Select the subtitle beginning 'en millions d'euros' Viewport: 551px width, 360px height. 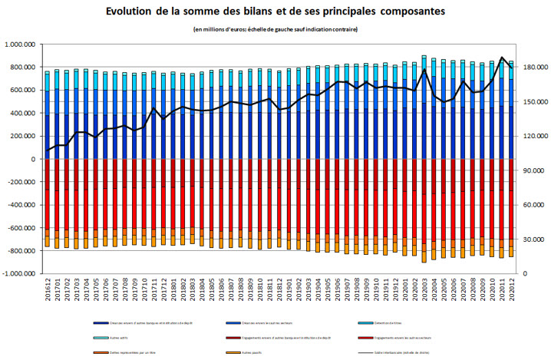[x=275, y=29]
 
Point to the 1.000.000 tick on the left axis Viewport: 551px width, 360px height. [x=25, y=45]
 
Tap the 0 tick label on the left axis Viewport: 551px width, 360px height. [x=39, y=159]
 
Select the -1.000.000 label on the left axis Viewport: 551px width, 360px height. [x=23, y=274]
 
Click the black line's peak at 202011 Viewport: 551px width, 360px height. [x=502, y=58]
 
